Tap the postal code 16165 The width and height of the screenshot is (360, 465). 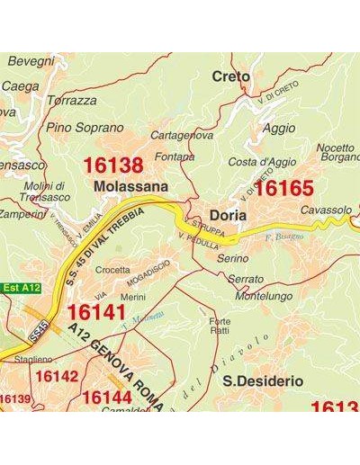[x=283, y=188]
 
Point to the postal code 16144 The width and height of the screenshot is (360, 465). [x=112, y=397]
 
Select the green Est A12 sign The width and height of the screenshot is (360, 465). [x=22, y=288]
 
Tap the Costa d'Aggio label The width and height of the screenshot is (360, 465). [x=262, y=162]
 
